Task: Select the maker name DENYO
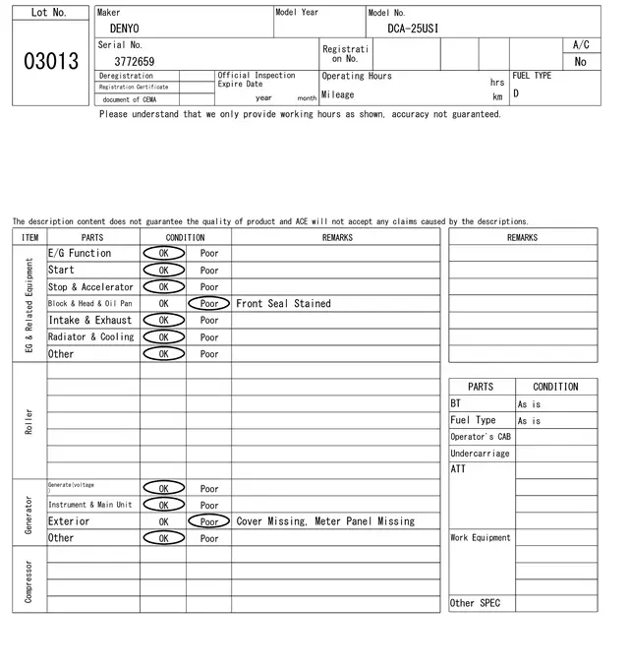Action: click(x=124, y=29)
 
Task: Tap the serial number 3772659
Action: click(x=134, y=61)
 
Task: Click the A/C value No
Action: click(x=580, y=61)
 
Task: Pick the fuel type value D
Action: click(x=516, y=94)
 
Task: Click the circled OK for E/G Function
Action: click(x=163, y=253)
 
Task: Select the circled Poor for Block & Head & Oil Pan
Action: click(x=209, y=304)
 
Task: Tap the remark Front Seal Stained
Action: click(x=283, y=304)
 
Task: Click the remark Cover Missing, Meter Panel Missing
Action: click(x=325, y=521)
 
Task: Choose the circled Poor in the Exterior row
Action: click(x=209, y=521)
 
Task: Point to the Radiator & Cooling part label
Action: click(x=90, y=336)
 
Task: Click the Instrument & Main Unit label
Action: click(x=89, y=505)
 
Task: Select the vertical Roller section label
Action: click(x=29, y=421)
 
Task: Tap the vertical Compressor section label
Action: click(x=29, y=580)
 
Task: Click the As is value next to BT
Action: click(x=529, y=404)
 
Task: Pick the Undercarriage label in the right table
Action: click(x=480, y=454)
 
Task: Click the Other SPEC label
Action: click(x=475, y=603)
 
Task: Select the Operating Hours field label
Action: click(x=356, y=76)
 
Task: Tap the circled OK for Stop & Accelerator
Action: click(x=163, y=286)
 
